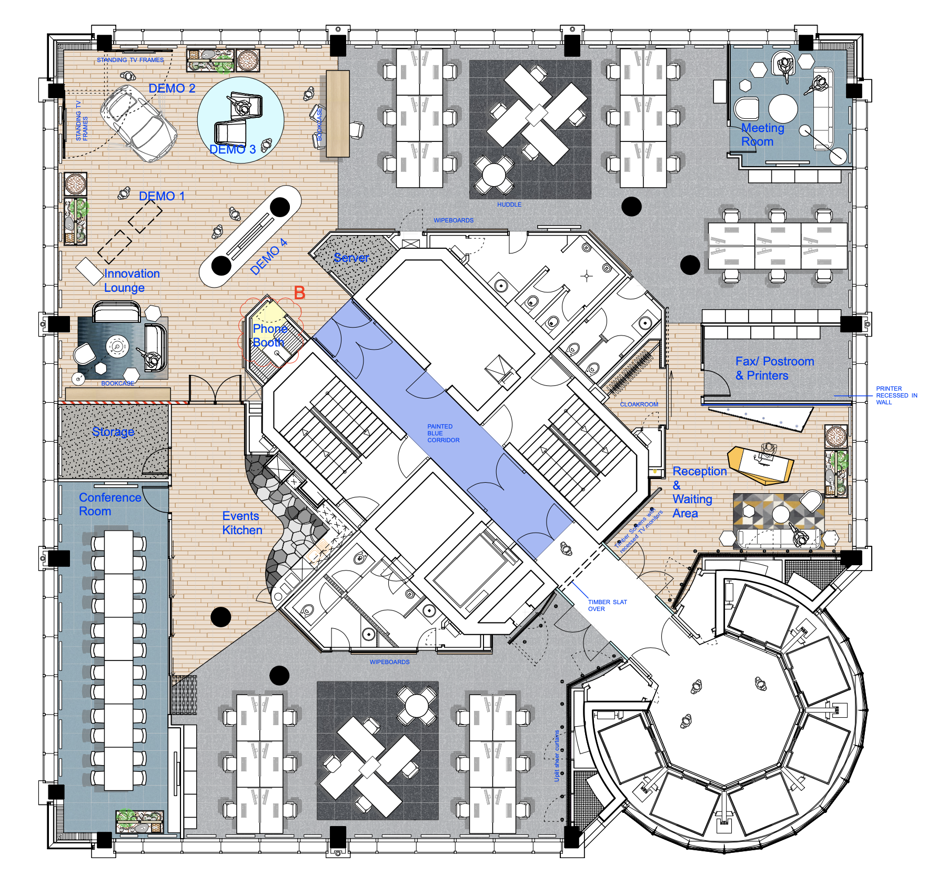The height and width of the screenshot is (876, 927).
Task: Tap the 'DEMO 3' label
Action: point(233,149)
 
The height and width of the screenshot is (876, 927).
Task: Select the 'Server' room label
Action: point(351,258)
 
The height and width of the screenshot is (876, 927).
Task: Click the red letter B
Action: point(299,293)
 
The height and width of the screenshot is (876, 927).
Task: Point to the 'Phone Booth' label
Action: point(269,335)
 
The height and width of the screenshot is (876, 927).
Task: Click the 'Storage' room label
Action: point(113,432)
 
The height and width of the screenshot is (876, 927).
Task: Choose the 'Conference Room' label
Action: point(109,504)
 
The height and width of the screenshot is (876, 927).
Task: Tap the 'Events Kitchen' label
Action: point(241,523)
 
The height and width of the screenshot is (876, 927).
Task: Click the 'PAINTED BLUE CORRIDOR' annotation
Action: point(443,433)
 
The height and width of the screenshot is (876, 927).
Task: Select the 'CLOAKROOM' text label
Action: point(639,404)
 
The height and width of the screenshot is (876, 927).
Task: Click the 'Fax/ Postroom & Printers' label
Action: point(774,369)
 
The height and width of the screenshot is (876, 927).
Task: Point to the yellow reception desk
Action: point(762,465)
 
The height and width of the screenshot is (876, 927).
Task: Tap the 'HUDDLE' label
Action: point(509,205)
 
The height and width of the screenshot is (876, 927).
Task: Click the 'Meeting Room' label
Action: point(762,135)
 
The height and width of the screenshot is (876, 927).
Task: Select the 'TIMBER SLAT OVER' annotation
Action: point(607,605)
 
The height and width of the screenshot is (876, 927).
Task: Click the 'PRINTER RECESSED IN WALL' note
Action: point(896,395)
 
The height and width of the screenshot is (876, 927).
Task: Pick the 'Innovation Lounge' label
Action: point(132,280)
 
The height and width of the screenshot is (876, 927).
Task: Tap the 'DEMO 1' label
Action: point(162,196)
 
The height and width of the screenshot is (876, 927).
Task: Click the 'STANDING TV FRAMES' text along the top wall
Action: point(130,60)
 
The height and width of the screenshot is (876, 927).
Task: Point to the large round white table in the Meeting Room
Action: point(783,108)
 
